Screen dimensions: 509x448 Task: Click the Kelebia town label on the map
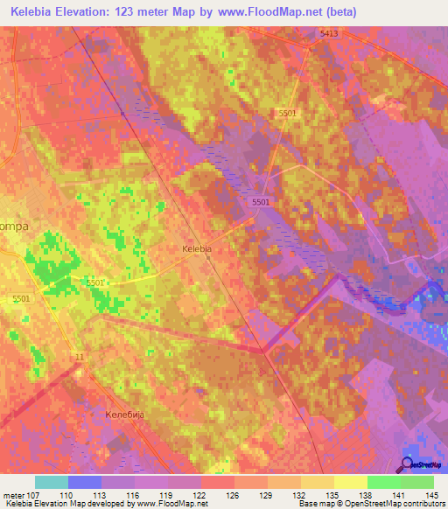[196, 249]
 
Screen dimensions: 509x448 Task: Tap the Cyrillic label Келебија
[123, 414]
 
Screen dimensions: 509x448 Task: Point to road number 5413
[329, 33]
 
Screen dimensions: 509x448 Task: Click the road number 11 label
[80, 357]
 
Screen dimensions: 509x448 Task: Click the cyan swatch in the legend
[52, 482]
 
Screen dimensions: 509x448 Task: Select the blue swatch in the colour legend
[85, 482]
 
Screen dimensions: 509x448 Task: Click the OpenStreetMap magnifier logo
[408, 464]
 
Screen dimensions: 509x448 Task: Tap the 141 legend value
[399, 494]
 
